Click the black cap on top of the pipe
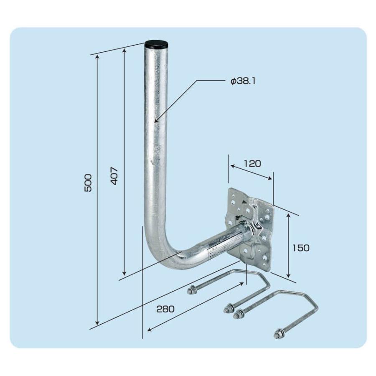(157, 45)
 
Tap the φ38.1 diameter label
(243, 81)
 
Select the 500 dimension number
(88, 183)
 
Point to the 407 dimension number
(114, 176)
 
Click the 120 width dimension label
(252, 163)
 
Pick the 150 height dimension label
(301, 248)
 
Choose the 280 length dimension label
(165, 309)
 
